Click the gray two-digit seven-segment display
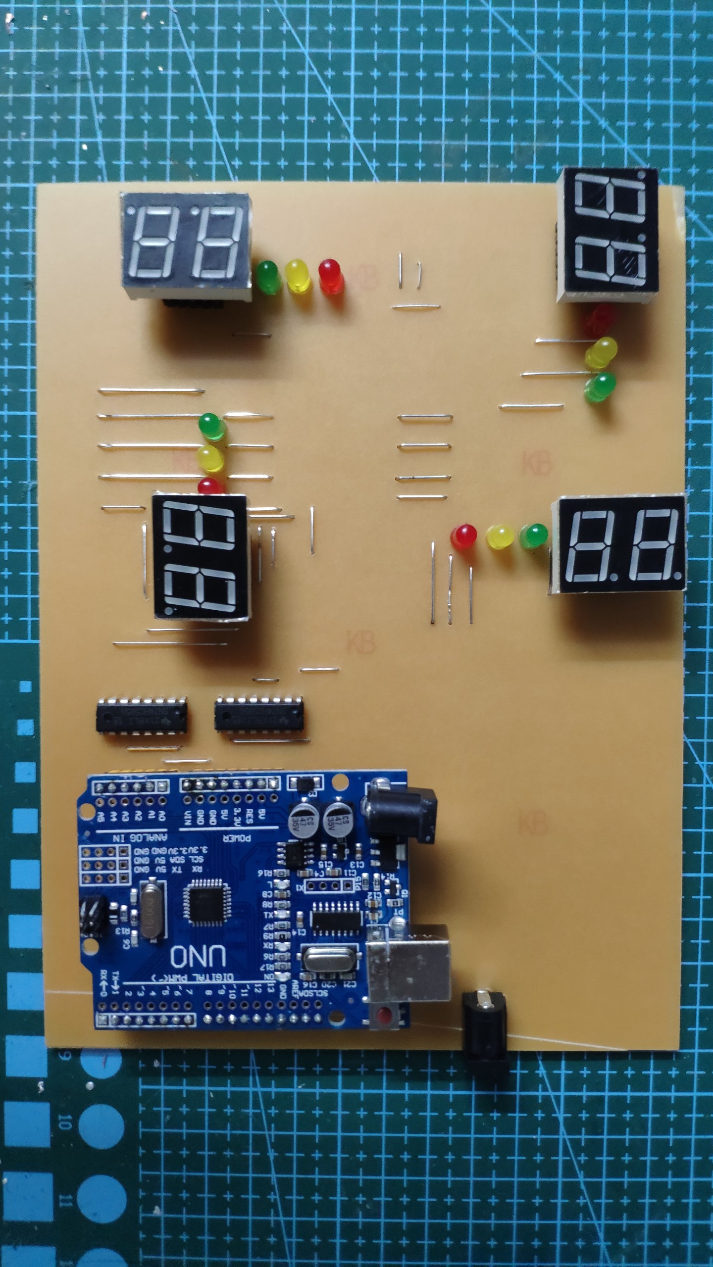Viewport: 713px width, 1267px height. click(186, 245)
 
